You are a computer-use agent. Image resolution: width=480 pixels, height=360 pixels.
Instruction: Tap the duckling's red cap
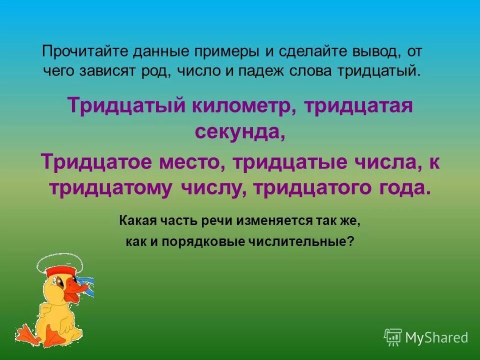pos(60,273)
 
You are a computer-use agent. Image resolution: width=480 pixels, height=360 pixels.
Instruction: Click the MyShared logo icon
pos(392,337)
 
